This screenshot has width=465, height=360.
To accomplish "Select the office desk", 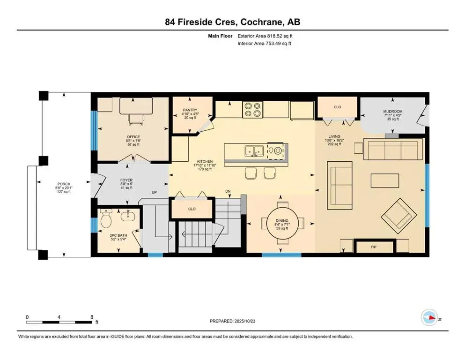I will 133,107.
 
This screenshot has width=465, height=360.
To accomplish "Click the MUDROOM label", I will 393,111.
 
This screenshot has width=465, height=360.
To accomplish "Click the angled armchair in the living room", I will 399,216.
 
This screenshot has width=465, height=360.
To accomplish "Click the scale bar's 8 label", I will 90,317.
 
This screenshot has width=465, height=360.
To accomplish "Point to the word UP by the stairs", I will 153,193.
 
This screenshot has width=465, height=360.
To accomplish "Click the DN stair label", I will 228,191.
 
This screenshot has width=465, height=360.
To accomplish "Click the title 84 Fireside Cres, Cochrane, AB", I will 232,22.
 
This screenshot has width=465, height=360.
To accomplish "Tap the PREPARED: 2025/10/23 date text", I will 232,321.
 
